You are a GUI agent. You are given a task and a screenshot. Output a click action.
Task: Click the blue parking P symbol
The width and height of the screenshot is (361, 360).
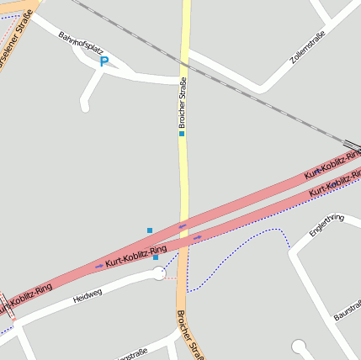pos(104,61)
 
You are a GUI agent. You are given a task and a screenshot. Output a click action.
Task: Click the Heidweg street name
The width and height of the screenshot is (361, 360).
pos(87,295)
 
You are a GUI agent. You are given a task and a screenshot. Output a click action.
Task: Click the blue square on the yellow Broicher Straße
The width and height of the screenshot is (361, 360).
pos(181,133)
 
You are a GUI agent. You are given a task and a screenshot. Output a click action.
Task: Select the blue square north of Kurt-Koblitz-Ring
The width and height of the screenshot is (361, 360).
pos(150,230)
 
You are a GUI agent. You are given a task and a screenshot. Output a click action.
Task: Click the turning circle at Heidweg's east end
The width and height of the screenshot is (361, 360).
pos(159,273)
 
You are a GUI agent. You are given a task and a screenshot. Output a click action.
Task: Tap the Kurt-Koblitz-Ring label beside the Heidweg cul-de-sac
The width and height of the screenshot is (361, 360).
pos(135,255)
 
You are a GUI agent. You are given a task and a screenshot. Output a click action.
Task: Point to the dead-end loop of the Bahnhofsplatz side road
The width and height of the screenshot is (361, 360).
pos(84,106)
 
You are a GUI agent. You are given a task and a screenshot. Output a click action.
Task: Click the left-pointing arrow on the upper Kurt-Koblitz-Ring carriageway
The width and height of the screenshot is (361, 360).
pos(182,225)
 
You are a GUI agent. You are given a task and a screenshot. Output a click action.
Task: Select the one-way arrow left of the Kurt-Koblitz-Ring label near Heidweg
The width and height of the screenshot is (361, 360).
pos(99,266)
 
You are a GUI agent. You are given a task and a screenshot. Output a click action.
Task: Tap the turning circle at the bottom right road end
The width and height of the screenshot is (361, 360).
pos(298,346)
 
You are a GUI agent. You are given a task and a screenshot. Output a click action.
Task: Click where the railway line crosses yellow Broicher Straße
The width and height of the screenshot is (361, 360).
pos(184,65)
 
